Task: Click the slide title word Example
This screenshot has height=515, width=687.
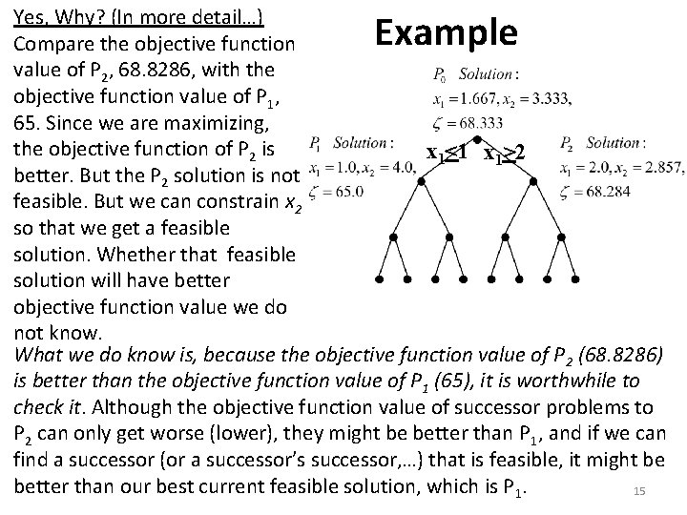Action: pyautogui.click(x=446, y=31)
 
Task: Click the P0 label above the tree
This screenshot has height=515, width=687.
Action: pyautogui.click(x=440, y=73)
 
